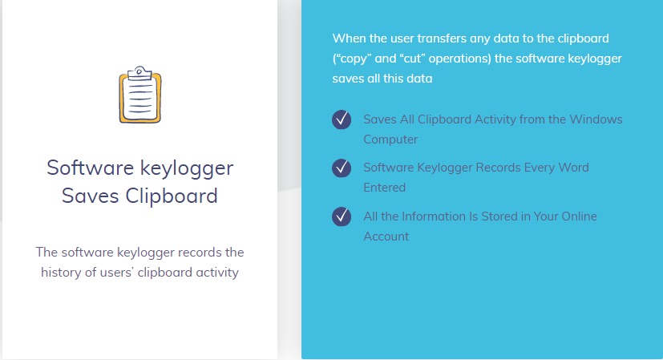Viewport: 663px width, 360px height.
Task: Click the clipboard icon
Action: [x=140, y=95]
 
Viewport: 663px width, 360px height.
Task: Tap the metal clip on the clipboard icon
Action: [x=139, y=73]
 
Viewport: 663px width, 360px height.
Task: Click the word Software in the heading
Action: [x=90, y=168]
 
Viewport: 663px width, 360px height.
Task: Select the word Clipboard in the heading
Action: [x=172, y=196]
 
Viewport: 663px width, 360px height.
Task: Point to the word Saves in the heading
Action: [x=90, y=196]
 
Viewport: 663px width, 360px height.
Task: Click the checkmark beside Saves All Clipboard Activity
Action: [x=342, y=119]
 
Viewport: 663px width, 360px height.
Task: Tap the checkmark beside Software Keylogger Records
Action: [x=342, y=168]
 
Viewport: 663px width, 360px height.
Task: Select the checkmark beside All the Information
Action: [x=342, y=216]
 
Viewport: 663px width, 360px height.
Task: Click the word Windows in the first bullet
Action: [x=596, y=119]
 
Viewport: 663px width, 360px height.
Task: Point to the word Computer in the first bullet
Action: [x=390, y=140]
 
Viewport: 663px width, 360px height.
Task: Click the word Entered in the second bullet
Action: [x=384, y=188]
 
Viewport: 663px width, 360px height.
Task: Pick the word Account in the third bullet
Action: [x=386, y=236]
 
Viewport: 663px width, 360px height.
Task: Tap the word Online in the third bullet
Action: [x=580, y=216]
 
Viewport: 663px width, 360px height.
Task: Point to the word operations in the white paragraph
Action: [x=460, y=59]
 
